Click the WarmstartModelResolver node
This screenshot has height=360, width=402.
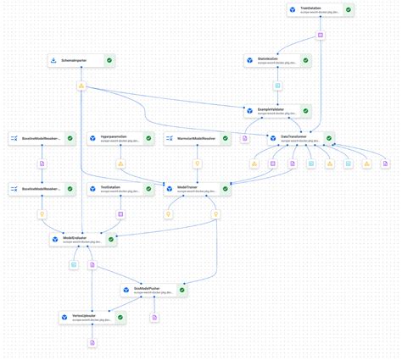coord(198,137)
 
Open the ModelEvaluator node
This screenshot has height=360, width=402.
coord(81,241)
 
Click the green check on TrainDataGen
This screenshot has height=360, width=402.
coord(349,10)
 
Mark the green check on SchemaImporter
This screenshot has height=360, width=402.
coord(110,61)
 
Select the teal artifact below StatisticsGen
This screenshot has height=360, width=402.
coord(277,86)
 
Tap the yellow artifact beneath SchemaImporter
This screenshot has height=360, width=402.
coord(81,86)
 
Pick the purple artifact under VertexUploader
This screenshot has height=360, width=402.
coord(92,342)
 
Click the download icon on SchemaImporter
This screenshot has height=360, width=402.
coord(53,61)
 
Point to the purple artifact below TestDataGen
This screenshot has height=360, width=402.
coord(120,214)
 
